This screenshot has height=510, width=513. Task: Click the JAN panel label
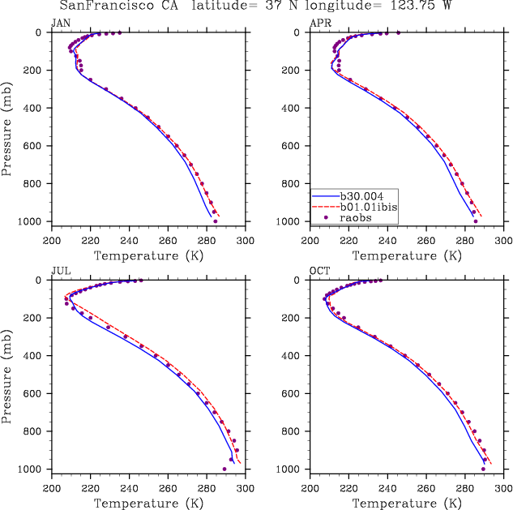(61, 22)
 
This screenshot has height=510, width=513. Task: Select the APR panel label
(320, 22)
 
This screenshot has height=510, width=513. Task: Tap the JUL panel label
(61, 270)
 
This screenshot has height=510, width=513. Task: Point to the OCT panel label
(320, 270)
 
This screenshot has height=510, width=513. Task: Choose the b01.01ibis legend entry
(369, 207)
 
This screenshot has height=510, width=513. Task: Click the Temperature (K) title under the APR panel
(408, 256)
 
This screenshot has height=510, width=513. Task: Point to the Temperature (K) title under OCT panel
(408, 504)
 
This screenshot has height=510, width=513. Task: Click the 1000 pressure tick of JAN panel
(36, 221)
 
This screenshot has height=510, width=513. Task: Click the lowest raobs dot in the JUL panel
(224, 469)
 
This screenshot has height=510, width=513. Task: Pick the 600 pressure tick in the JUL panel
(39, 394)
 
